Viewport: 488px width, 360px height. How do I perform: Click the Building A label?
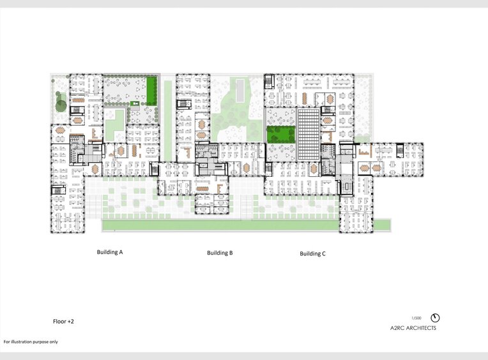[x=109, y=252]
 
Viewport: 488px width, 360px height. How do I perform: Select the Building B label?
[x=220, y=253]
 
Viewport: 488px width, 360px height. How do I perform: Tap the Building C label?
[x=312, y=253]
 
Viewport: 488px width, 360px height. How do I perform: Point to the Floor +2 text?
[x=64, y=322]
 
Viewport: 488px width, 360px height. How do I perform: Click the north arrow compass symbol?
[x=436, y=318]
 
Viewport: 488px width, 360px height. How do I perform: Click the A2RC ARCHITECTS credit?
[x=413, y=328]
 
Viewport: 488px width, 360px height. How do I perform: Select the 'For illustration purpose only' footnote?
[x=30, y=342]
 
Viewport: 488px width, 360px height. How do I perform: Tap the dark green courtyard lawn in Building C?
[x=280, y=134]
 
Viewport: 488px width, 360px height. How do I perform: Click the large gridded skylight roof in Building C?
[x=307, y=134]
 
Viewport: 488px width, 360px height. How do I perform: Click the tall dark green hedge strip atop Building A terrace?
[x=152, y=90]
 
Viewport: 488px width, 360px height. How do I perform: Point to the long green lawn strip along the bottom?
[x=246, y=225]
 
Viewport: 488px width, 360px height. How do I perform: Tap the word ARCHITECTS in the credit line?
[x=422, y=328]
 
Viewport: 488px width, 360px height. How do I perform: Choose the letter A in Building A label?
[x=119, y=252]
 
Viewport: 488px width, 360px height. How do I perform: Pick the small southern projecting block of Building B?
[x=212, y=205]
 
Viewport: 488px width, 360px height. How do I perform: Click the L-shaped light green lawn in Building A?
[x=113, y=124]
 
